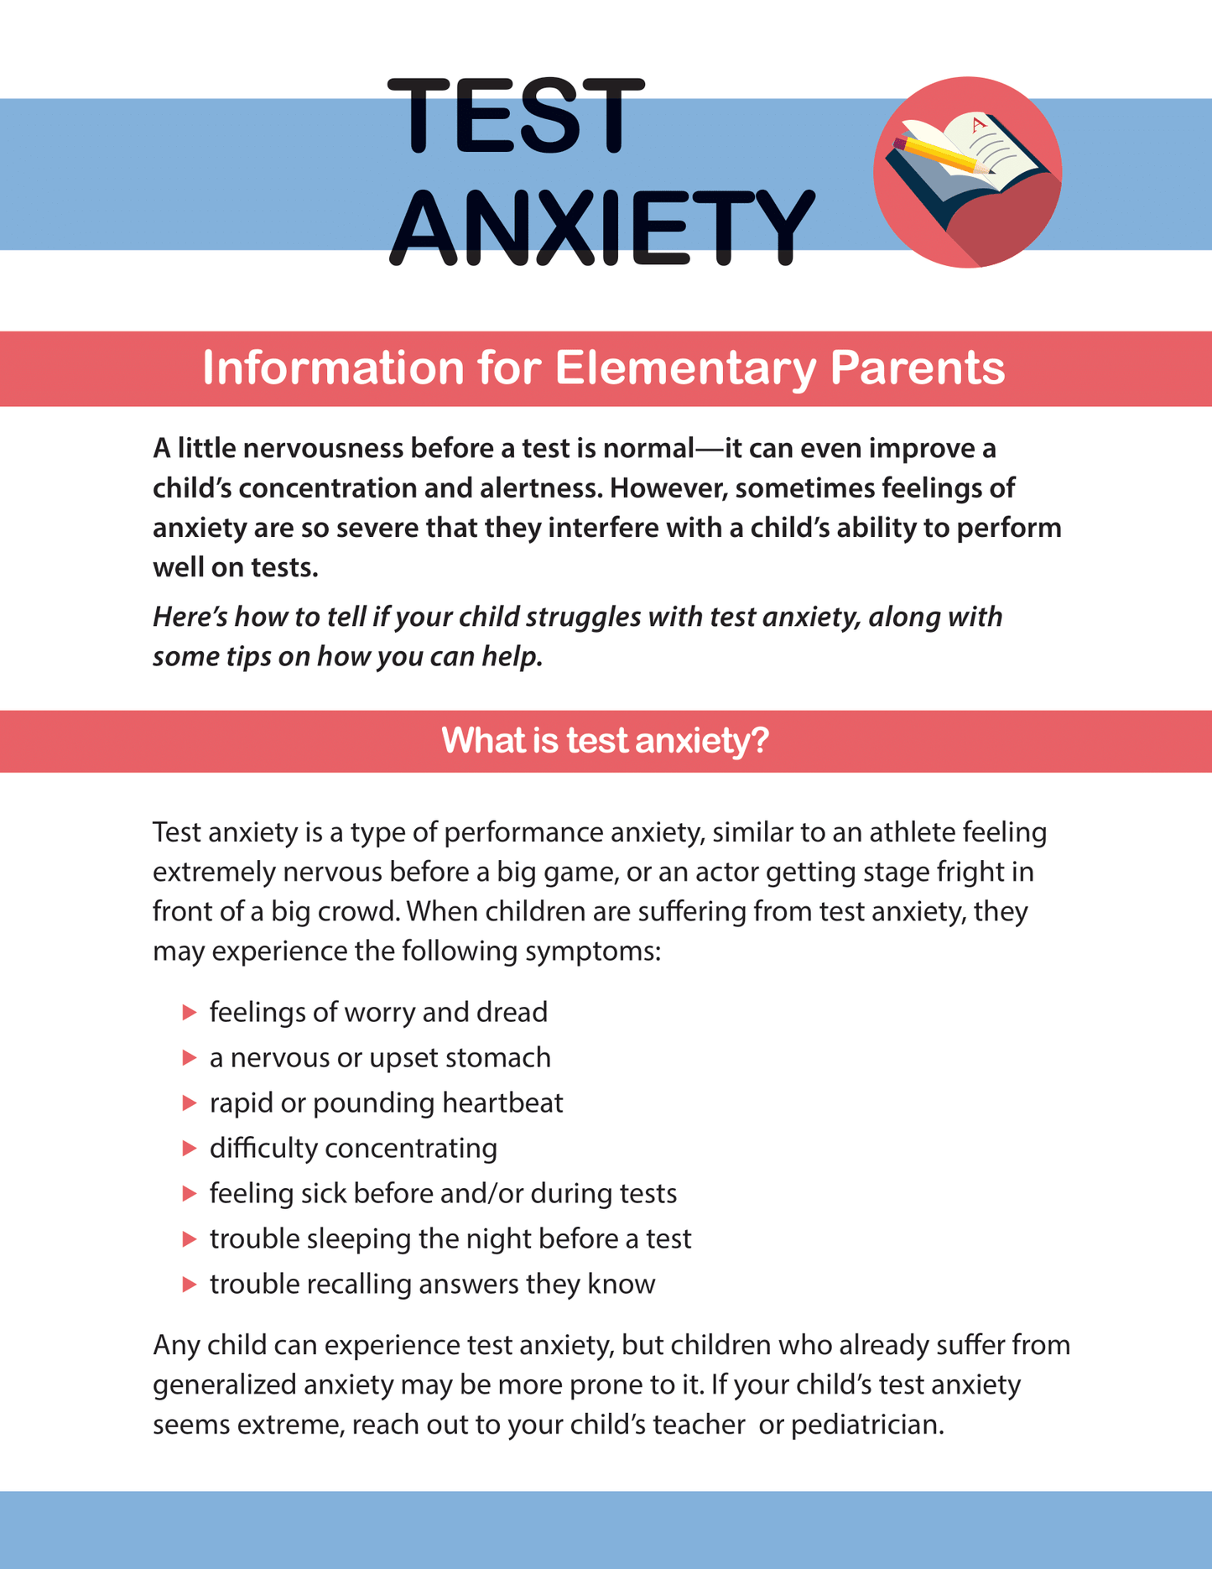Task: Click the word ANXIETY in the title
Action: [601, 227]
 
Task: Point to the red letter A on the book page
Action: [976, 126]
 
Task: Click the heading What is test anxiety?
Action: [605, 741]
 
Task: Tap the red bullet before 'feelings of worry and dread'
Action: [189, 1013]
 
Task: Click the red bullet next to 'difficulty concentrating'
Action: [189, 1149]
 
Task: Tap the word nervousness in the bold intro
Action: [311, 449]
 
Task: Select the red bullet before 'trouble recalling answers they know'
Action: [189, 1285]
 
